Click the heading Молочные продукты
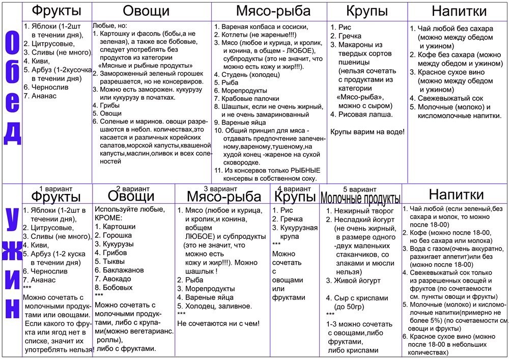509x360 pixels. click(x=360, y=198)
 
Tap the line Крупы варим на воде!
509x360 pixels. click(x=367, y=131)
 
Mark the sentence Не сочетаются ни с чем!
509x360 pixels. click(x=218, y=323)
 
